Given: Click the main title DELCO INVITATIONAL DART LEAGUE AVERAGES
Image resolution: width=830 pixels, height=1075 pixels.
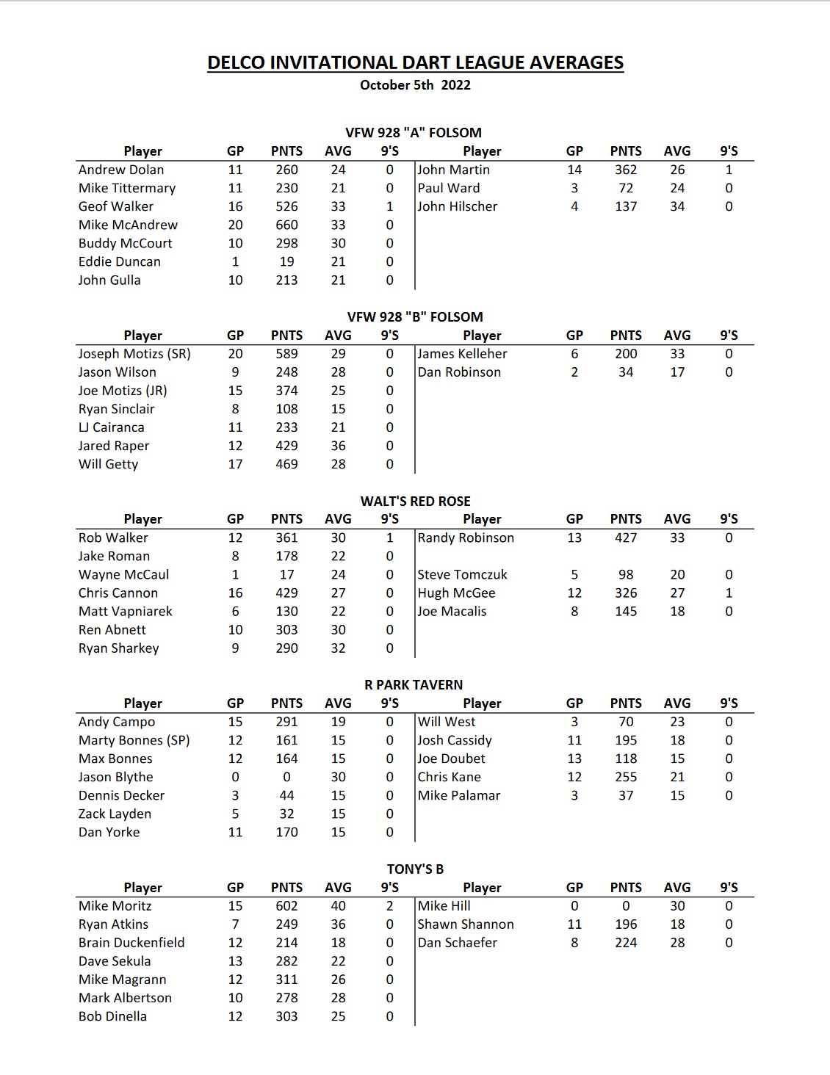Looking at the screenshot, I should [415, 62].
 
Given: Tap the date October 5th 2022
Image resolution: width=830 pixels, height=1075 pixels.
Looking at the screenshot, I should [415, 85].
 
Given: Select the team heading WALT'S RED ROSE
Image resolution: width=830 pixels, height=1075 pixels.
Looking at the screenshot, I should [415, 501].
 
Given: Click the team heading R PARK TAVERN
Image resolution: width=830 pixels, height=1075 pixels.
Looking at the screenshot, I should [414, 684].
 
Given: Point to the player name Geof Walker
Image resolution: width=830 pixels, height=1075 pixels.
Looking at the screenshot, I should [116, 206].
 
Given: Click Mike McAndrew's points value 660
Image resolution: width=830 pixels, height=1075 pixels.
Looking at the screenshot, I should [286, 225].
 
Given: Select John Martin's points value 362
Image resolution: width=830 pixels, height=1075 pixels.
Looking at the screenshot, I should [626, 170].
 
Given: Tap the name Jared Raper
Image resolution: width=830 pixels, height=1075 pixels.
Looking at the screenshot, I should [114, 446].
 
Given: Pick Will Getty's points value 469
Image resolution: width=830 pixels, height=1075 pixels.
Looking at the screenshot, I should [286, 464].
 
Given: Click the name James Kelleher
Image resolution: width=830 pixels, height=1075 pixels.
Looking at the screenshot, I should [462, 353].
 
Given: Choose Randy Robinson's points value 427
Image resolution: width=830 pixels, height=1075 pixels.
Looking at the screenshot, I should [626, 537].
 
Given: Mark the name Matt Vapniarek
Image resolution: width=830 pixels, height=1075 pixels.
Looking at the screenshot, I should [126, 611].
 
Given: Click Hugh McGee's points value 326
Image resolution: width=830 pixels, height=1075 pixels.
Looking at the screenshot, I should [626, 593].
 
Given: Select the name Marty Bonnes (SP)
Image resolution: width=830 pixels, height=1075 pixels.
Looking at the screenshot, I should [134, 740].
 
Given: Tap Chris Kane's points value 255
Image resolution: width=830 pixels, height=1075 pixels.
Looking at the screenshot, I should [626, 777].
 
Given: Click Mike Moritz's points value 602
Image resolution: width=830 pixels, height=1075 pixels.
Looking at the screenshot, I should [286, 906].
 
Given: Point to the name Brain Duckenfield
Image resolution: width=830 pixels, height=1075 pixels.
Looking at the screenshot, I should [131, 943].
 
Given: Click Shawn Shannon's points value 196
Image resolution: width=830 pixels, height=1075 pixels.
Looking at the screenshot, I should [626, 924].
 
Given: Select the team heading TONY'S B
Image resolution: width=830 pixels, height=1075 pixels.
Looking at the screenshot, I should [415, 869].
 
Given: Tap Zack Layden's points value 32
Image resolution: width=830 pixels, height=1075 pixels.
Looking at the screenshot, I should [286, 814].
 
